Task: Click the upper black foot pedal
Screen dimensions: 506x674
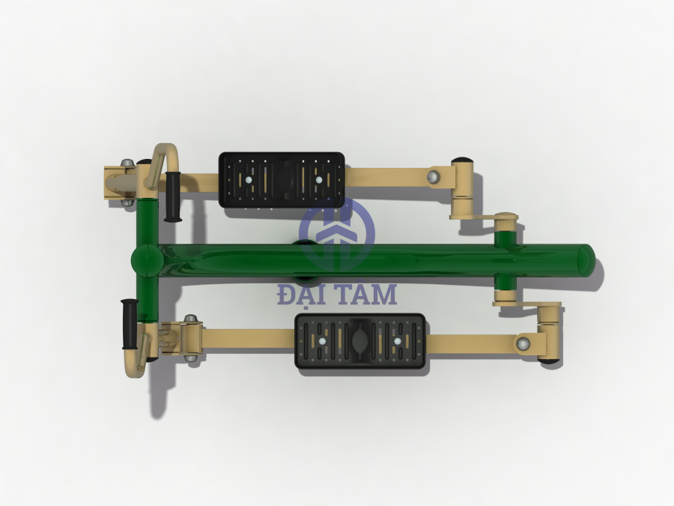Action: click(282, 180)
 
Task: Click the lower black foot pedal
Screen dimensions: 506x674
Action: click(360, 341)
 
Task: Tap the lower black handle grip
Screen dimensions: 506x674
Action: click(130, 324)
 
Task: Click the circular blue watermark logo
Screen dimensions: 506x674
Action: click(336, 234)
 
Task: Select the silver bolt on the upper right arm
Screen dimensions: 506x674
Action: click(434, 177)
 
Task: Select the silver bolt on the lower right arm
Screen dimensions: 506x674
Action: click(523, 343)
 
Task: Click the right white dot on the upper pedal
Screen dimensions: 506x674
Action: click(318, 180)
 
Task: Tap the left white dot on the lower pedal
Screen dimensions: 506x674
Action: click(323, 342)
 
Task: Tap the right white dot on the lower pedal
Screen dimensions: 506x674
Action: click(397, 342)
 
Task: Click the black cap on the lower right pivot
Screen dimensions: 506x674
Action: click(551, 361)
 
